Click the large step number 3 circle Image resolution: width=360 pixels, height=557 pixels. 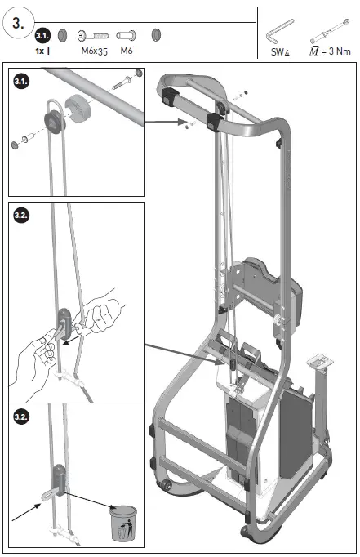coord(19,22)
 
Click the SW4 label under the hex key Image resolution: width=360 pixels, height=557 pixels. coord(280,51)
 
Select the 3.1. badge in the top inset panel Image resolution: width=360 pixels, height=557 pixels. coord(23,81)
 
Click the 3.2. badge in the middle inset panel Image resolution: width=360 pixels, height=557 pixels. coord(23,216)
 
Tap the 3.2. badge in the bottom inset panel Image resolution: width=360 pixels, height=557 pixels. coord(23,417)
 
